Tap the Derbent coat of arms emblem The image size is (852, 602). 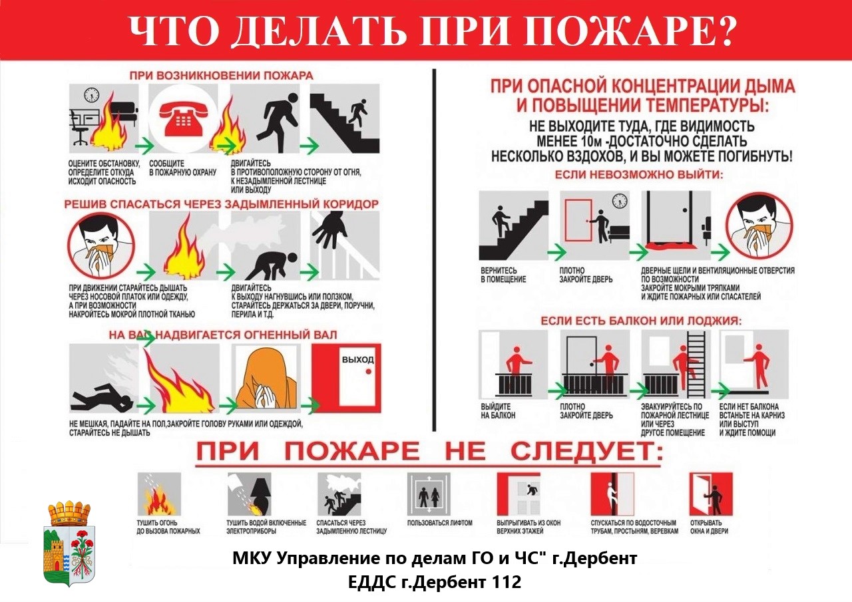[69, 543]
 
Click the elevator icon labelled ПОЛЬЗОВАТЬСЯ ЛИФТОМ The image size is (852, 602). [428, 495]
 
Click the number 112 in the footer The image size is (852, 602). [504, 582]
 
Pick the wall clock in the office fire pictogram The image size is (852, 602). [91, 95]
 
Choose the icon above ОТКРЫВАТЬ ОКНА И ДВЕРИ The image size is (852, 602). [710, 494]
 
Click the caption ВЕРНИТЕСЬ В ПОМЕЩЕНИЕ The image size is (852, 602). [503, 275]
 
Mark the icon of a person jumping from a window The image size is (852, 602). [519, 494]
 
